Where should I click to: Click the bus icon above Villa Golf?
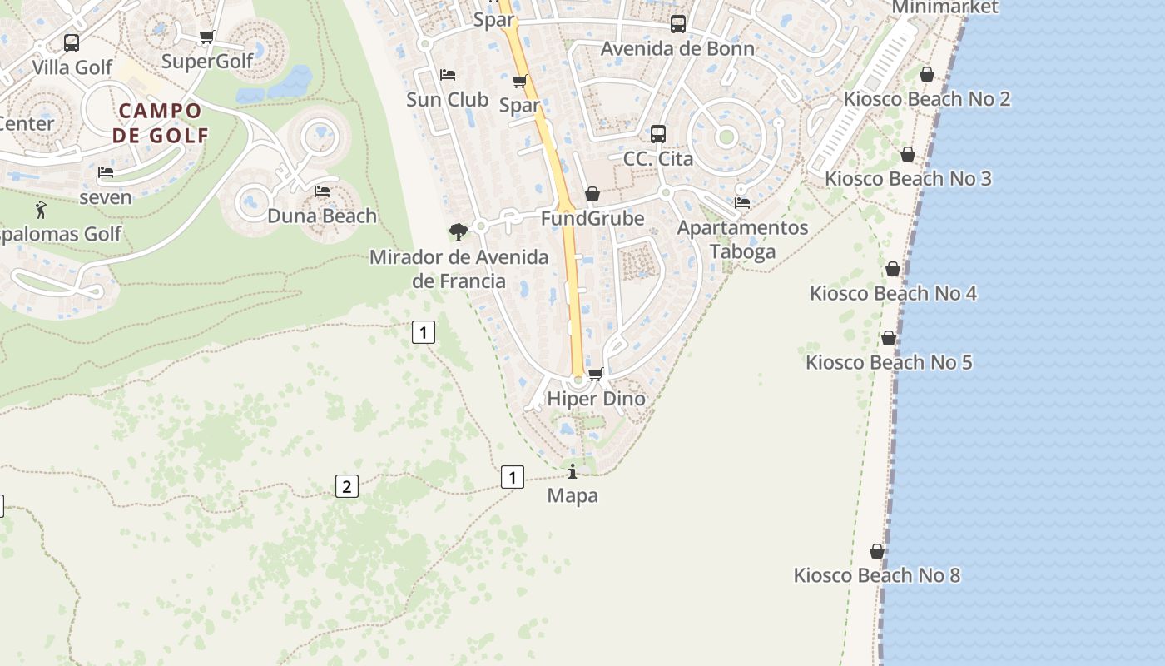tap(72, 42)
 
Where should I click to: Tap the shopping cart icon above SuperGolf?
tap(207, 37)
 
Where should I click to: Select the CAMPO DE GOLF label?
tap(161, 122)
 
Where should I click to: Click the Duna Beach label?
tap(322, 216)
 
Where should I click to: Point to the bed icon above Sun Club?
tap(448, 75)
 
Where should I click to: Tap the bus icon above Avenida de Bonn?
tap(678, 24)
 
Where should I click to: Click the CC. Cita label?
tap(658, 158)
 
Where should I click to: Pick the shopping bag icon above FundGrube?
tap(592, 194)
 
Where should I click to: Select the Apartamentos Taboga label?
tap(742, 240)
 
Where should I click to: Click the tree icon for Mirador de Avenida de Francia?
tap(458, 231)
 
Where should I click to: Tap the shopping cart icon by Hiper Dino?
tap(596, 374)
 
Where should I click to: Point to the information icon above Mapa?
tap(573, 472)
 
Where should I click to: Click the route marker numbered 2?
tap(347, 486)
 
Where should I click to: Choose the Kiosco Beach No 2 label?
tap(927, 99)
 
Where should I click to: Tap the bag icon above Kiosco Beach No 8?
tap(877, 551)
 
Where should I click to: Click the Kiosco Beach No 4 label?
tap(894, 293)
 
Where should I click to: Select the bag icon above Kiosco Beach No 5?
tap(889, 338)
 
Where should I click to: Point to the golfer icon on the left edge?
tap(41, 210)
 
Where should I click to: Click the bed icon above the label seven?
tap(106, 172)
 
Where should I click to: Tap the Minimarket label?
tap(944, 7)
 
